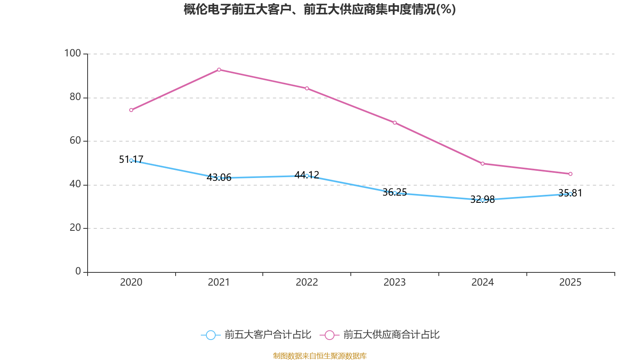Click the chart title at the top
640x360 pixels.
pos(320,9)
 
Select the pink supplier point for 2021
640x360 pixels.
pos(219,70)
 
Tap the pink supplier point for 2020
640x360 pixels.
pos(131,110)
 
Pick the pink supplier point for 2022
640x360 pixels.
pos(307,88)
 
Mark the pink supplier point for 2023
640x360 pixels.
pos(395,123)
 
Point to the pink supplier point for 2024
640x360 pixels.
pos(482,164)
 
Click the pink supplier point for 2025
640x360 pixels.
pos(570,174)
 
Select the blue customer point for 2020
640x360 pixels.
pos(131,160)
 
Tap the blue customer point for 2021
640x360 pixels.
pos(219,178)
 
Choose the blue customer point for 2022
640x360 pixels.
pos(307,176)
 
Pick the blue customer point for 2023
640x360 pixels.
pos(395,193)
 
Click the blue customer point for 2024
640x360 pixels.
pos(482,200)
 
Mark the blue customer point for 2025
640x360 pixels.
pos(570,194)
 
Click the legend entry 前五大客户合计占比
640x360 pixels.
pos(256,335)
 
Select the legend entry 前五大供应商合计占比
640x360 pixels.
pos(380,335)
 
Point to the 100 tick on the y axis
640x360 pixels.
pos(72,53)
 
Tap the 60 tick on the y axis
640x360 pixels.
pos(75,140)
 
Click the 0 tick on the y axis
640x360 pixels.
pos(78,272)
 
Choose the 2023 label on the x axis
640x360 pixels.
pos(395,282)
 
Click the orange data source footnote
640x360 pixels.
pos(320,356)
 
